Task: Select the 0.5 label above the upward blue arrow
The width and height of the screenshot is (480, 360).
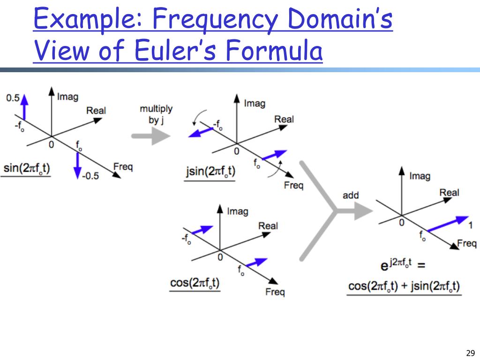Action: coord(13,98)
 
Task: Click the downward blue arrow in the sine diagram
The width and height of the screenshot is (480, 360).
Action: coord(78,165)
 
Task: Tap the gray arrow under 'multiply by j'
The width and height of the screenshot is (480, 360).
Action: coord(150,136)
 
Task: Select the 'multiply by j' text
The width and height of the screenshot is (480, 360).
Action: coord(156,114)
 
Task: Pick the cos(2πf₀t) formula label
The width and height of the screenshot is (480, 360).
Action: coord(195,283)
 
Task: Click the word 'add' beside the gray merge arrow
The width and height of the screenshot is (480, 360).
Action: coord(351,195)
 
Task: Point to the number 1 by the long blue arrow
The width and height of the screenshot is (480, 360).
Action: coord(471,225)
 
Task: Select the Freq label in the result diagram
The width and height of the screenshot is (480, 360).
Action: coord(467,243)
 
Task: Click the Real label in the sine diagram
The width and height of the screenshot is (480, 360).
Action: coord(96,111)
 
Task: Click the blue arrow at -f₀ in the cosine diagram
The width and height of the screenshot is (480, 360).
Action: coord(202,230)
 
